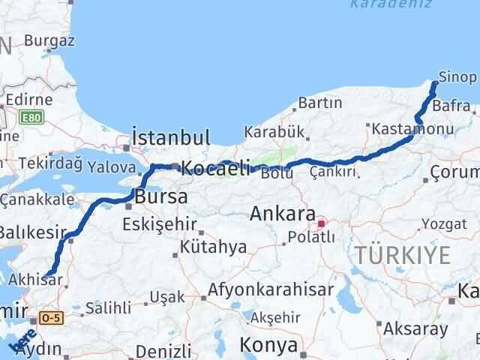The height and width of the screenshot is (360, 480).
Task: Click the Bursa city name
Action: (156, 199)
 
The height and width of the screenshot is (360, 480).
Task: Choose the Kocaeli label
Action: (213, 169)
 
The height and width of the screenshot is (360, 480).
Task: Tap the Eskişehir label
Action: (160, 223)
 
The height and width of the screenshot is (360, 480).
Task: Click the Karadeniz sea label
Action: (374, 4)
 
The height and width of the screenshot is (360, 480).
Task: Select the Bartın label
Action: (319, 102)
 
